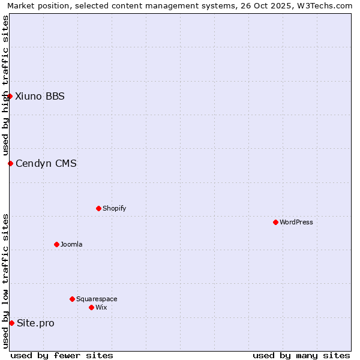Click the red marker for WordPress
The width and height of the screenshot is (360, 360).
pos(275,222)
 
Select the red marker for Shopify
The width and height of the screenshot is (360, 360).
pos(98,208)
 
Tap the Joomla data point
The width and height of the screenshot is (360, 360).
pos(56,244)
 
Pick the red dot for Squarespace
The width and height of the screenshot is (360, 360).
pos(72,299)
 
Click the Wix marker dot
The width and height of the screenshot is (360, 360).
pos(91,307)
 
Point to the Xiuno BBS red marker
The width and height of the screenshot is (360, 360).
pos(10,96)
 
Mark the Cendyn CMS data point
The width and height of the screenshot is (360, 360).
pos(10,163)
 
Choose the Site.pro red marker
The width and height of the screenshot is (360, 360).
pos(11,323)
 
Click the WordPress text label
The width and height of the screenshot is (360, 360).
pos(296,222)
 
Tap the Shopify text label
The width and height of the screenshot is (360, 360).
pos(114,208)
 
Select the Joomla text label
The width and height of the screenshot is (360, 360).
pos(71,244)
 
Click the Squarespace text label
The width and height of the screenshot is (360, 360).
pos(97,299)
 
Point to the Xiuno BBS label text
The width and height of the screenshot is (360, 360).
pos(40,96)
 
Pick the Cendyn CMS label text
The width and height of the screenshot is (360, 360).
pos(46,163)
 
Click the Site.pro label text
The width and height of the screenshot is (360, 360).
pos(35,323)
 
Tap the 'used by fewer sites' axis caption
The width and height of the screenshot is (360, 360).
pos(62,355)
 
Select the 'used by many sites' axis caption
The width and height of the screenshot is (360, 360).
pos(301,355)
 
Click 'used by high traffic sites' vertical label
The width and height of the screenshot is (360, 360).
pos(5,85)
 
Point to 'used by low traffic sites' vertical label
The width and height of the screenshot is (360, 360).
pos(5,281)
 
